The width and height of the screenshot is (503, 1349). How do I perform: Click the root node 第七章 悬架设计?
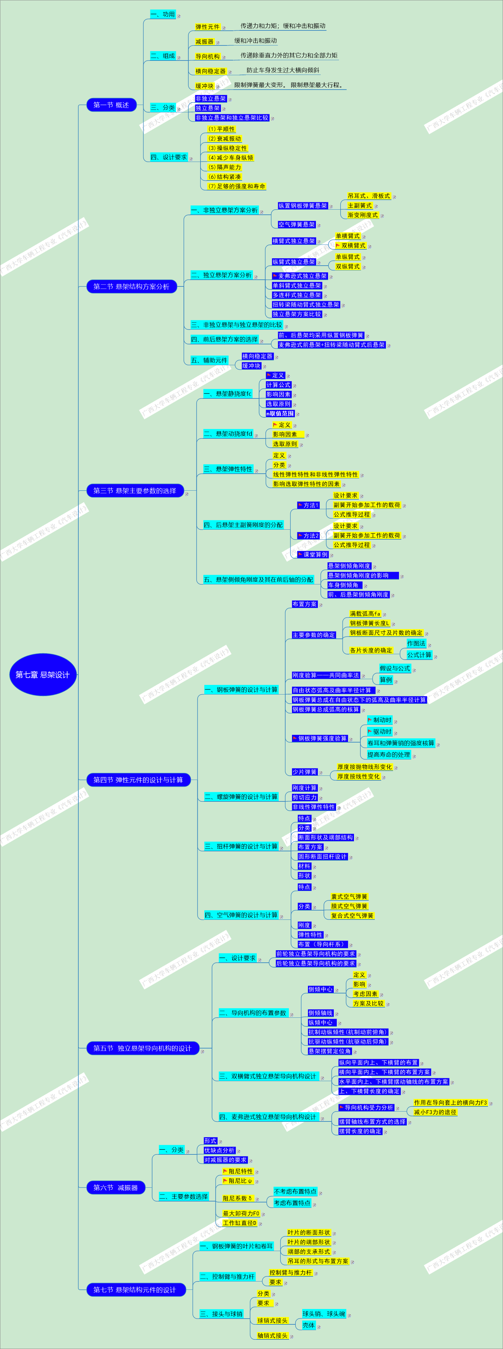coord(43,675)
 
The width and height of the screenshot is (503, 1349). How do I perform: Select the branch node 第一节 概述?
coord(111,105)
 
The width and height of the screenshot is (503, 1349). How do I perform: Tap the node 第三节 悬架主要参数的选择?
coord(135,491)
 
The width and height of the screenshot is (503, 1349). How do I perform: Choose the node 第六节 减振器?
coord(115,1188)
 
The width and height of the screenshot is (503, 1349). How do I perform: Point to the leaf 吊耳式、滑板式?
coord(368,196)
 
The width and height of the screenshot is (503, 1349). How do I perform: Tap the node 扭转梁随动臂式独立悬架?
coord(306,305)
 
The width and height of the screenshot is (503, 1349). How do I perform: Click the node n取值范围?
coord(280,413)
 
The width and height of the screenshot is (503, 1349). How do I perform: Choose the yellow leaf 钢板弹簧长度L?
coord(370,623)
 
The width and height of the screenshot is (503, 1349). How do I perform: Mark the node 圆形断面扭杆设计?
coord(322,857)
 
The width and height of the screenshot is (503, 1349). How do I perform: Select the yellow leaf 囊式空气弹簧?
coord(349,896)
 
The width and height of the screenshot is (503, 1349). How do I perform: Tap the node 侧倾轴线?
coord(320,1013)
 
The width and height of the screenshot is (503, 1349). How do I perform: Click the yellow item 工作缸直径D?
coord(240,1223)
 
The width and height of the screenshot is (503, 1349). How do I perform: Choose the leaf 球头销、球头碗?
coord(324,1314)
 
